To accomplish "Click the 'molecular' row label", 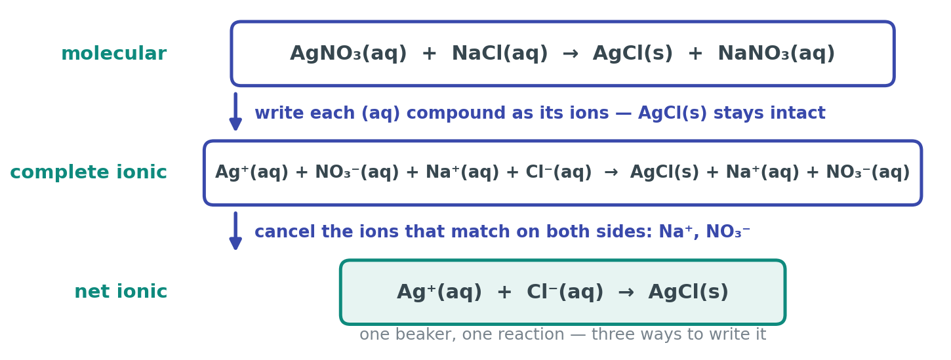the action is [x=114, y=54].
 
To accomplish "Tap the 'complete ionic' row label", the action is [x=89, y=172].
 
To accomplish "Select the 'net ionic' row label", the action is [x=121, y=292].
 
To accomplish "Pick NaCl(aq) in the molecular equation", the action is [x=500, y=54].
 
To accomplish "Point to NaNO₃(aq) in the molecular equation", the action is [x=776, y=54].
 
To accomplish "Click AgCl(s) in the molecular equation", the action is [x=633, y=54].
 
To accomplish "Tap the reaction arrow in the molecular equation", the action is [x=570, y=54].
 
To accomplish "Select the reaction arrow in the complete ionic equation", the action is [x=611, y=172].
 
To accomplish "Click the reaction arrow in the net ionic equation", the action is [x=626, y=292].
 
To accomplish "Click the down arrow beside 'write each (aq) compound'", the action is [x=235, y=111].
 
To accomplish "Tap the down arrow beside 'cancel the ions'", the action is [x=235, y=231].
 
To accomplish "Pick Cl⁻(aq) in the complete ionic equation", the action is [x=558, y=172].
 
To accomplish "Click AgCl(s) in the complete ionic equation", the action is [x=664, y=172].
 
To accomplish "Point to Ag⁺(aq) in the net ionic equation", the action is [x=439, y=292].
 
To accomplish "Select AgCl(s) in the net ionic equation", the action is [x=688, y=292].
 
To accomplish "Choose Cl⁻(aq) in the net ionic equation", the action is [x=565, y=292].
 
